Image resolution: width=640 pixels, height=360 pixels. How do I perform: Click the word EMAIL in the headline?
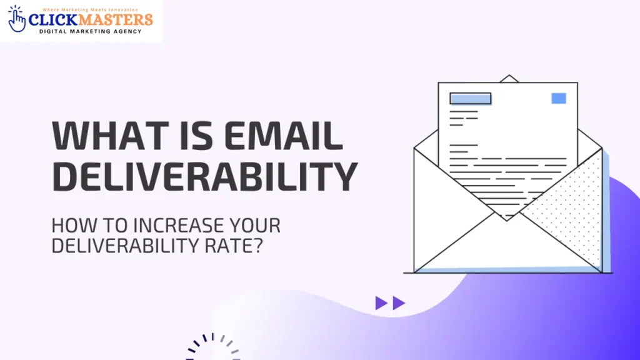[x=290, y=135]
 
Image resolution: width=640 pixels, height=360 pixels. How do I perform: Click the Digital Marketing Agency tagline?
[x=90, y=31]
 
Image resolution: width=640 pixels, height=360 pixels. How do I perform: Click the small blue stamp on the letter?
[x=559, y=98]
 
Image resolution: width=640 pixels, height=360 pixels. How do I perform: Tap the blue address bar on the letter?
[x=470, y=98]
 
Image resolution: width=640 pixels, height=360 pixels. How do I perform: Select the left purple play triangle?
[x=381, y=304]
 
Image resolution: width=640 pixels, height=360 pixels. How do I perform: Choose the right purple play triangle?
[x=399, y=304]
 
